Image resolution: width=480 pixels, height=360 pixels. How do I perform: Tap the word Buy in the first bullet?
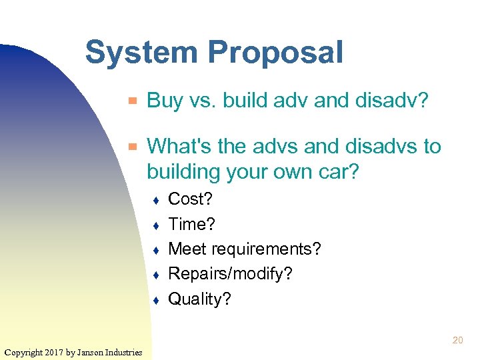pos(164,101)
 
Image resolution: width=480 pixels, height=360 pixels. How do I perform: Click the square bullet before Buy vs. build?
pos(133,101)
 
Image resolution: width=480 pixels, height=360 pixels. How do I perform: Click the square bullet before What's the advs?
pos(133,146)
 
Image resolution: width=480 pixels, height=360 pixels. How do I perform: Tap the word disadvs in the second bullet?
pos(380,146)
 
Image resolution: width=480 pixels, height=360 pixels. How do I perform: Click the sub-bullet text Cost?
pos(190,199)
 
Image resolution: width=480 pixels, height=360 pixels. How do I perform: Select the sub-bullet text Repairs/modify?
pos(230,274)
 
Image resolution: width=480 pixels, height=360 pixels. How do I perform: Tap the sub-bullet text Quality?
pos(199,299)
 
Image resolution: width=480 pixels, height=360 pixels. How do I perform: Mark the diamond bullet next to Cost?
pos(155,200)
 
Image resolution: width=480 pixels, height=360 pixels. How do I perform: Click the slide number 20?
pos(457,341)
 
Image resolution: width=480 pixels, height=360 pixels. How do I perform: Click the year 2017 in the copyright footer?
pos(53,352)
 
